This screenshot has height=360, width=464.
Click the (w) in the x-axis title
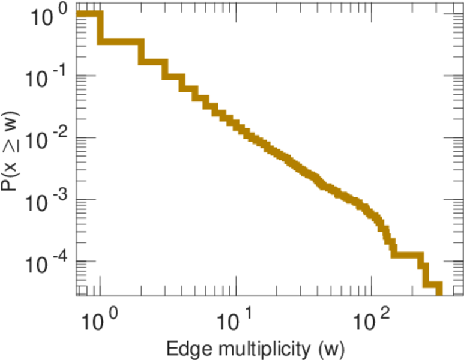(x=331, y=347)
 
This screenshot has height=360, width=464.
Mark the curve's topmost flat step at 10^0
(x=89, y=15)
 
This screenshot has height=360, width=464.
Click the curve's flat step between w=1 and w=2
(x=120, y=41)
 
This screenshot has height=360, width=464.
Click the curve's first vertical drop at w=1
(x=100, y=28)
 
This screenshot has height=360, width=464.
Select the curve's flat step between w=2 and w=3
(x=152, y=61)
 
